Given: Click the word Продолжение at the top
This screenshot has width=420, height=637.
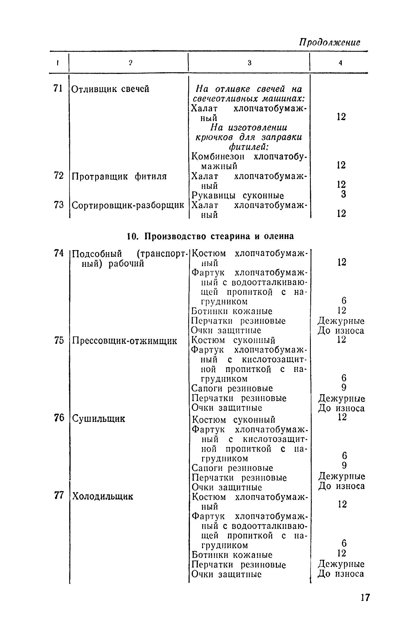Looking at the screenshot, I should [x=330, y=42].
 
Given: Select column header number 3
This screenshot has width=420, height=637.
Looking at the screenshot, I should [x=249, y=63].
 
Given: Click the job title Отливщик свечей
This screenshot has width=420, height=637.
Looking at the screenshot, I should [x=110, y=89].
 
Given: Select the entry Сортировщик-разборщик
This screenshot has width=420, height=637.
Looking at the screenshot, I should [x=128, y=205].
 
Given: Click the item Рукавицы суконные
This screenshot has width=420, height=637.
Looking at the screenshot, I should [x=237, y=196].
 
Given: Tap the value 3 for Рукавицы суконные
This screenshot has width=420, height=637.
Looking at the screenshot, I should [x=344, y=194].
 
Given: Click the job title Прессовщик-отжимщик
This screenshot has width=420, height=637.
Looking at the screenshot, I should [x=124, y=341].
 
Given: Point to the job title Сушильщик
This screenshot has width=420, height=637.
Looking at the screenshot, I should [x=99, y=419].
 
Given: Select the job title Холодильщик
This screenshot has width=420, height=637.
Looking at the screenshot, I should [x=103, y=496].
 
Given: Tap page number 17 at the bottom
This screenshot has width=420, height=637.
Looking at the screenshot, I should [x=365, y=597].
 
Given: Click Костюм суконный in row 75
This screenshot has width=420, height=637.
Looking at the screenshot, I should [x=233, y=341].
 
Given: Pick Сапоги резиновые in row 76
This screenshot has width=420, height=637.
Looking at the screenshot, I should [x=232, y=468].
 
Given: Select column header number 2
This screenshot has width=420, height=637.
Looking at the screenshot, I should [x=131, y=63].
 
